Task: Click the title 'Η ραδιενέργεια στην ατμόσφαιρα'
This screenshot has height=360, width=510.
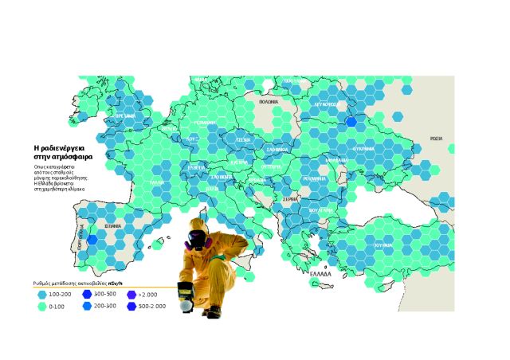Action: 63,153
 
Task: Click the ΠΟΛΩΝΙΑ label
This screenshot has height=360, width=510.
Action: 269,103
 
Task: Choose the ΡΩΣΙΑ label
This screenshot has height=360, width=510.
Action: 436,138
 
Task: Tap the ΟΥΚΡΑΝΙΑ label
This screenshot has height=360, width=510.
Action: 363,149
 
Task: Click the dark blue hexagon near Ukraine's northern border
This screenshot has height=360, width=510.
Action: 351,123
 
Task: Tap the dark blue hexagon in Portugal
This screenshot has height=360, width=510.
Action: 92,238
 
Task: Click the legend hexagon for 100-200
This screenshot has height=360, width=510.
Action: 42,295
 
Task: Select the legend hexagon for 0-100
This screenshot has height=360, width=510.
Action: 42,306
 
